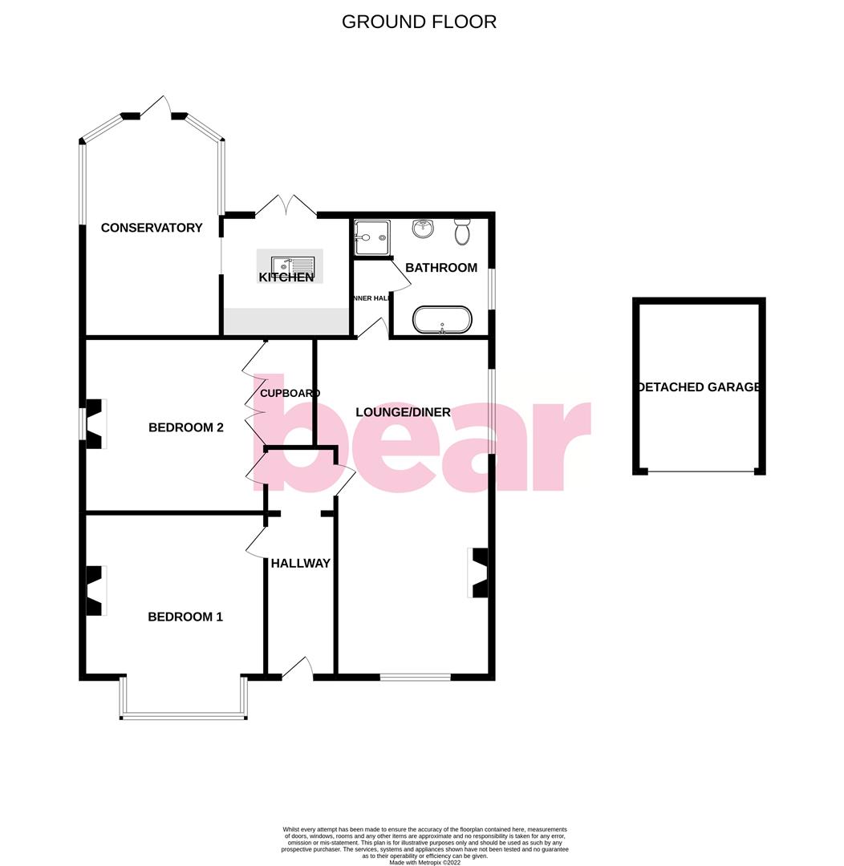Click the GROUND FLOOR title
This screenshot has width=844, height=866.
pyautogui.click(x=419, y=22)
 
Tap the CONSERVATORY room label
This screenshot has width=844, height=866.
pyautogui.click(x=152, y=228)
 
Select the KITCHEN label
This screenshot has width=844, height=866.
pyautogui.click(x=286, y=277)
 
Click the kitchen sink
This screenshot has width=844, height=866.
pyautogui.click(x=294, y=265)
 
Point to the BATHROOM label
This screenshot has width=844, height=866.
pyautogui.click(x=441, y=268)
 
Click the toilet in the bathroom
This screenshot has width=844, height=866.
pyautogui.click(x=462, y=232)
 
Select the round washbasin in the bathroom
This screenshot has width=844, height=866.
pyautogui.click(x=423, y=229)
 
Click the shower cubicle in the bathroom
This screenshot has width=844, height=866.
pyautogui.click(x=371, y=238)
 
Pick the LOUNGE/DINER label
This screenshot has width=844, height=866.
pyautogui.click(x=404, y=412)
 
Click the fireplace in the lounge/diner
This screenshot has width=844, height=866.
pyautogui.click(x=479, y=573)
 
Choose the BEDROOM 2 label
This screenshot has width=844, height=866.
pyautogui.click(x=186, y=427)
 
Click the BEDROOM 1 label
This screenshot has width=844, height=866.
pyautogui.click(x=185, y=617)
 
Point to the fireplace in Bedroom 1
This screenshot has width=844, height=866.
pyautogui.click(x=95, y=590)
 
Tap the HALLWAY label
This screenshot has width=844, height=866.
pyautogui.click(x=300, y=563)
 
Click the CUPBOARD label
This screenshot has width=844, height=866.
pyautogui.click(x=290, y=393)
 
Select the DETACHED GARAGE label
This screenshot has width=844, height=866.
pyautogui.click(x=699, y=387)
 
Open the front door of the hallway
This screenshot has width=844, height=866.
pyautogui.click(x=297, y=670)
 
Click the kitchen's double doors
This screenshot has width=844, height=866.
pyautogui.click(x=286, y=206)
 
